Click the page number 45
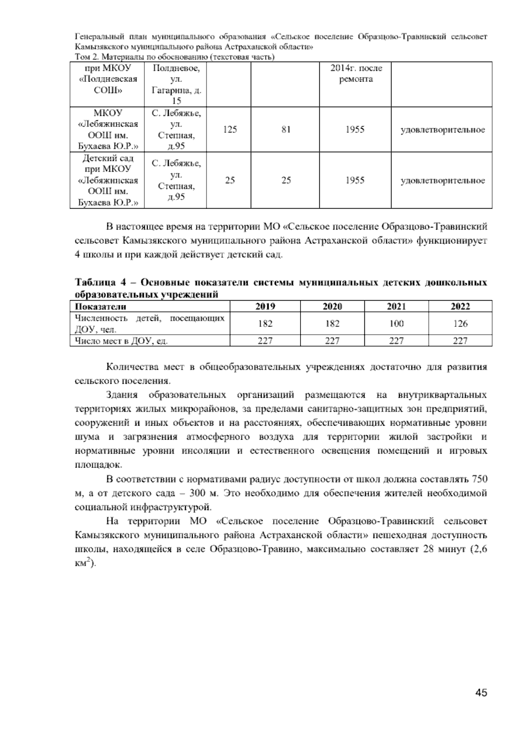pos(481,693)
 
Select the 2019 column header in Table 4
pos(265,306)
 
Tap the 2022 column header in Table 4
pos(460,306)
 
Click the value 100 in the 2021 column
pos(396,324)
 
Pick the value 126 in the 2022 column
pos(460,324)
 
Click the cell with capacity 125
pos(230,130)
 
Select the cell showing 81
pos(286,130)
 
